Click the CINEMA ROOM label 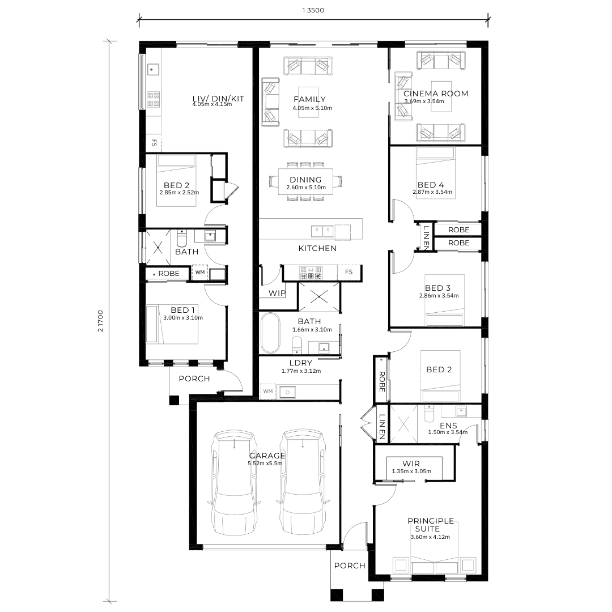[436, 93]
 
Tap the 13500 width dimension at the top [313, 10]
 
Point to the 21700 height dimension [101, 321]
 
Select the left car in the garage [234, 483]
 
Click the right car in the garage [303, 483]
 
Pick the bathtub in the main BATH [270, 333]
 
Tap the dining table [305, 181]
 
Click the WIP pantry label [277, 293]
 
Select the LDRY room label [300, 363]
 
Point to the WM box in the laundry [267, 391]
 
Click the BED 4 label [431, 185]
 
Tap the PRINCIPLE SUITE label [431, 525]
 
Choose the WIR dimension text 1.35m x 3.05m [411, 471]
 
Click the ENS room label [448, 426]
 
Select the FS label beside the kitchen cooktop [348, 272]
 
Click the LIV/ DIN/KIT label [218, 99]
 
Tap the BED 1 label [182, 310]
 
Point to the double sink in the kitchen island [322, 231]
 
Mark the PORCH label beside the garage [350, 566]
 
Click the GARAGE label [267, 456]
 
